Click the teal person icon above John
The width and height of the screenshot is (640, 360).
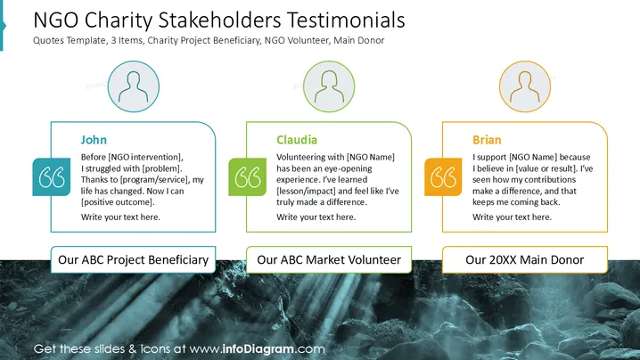pyautogui.click(x=134, y=86)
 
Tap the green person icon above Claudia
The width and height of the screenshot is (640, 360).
pyautogui.click(x=329, y=86)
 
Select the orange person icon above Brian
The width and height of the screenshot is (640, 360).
pyautogui.click(x=525, y=86)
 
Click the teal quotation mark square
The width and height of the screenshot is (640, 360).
pyautogui.click(x=52, y=176)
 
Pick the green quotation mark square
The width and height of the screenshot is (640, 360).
pyautogui.click(x=247, y=176)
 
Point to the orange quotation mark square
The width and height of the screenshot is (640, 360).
pyautogui.click(x=443, y=176)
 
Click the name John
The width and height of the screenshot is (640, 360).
pyautogui.click(x=94, y=140)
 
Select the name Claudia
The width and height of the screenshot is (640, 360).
pyautogui.click(x=297, y=140)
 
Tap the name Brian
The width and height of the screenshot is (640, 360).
pyautogui.click(x=487, y=140)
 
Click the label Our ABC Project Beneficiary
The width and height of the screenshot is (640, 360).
pyautogui.click(x=133, y=259)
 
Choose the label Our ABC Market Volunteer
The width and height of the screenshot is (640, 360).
pyautogui.click(x=329, y=259)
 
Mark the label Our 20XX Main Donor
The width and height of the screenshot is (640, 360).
pyautogui.click(x=525, y=259)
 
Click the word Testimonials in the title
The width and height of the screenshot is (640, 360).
pyautogui.click(x=346, y=20)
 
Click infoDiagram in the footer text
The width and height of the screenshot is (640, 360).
pyautogui.click(x=258, y=349)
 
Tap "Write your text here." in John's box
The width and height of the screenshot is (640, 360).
pyautogui.click(x=120, y=217)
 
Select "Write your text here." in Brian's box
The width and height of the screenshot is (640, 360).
pyautogui.click(x=512, y=217)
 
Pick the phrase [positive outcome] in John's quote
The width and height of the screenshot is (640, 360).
pyautogui.click(x=117, y=202)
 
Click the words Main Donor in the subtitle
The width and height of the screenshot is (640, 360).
pyautogui.click(x=359, y=40)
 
